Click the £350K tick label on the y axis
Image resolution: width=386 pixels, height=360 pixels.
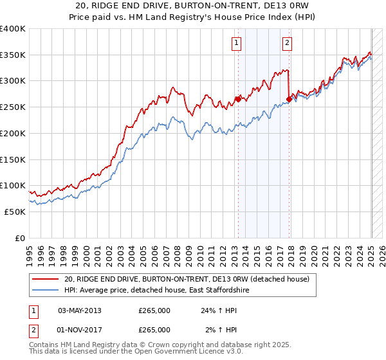pyautogui.click(x=12, y=55)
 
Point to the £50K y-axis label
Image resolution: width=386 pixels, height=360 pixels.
pyautogui.click(x=15, y=212)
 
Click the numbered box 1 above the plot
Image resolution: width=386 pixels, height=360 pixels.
pyautogui.click(x=237, y=43)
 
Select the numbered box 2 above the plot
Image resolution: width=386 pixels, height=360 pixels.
pyautogui.click(x=286, y=43)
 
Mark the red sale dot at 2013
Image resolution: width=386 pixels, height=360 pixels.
pyautogui.click(x=238, y=99)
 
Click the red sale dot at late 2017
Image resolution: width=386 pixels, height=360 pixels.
pyautogui.click(x=288, y=99)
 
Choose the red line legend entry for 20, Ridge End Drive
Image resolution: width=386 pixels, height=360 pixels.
pyautogui.click(x=187, y=279)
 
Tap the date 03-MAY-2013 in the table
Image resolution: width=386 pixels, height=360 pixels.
pyautogui.click(x=80, y=310)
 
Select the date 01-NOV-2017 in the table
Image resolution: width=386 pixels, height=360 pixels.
pyautogui.click(x=80, y=330)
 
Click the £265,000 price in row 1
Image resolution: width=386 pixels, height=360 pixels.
pyautogui.click(x=154, y=310)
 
